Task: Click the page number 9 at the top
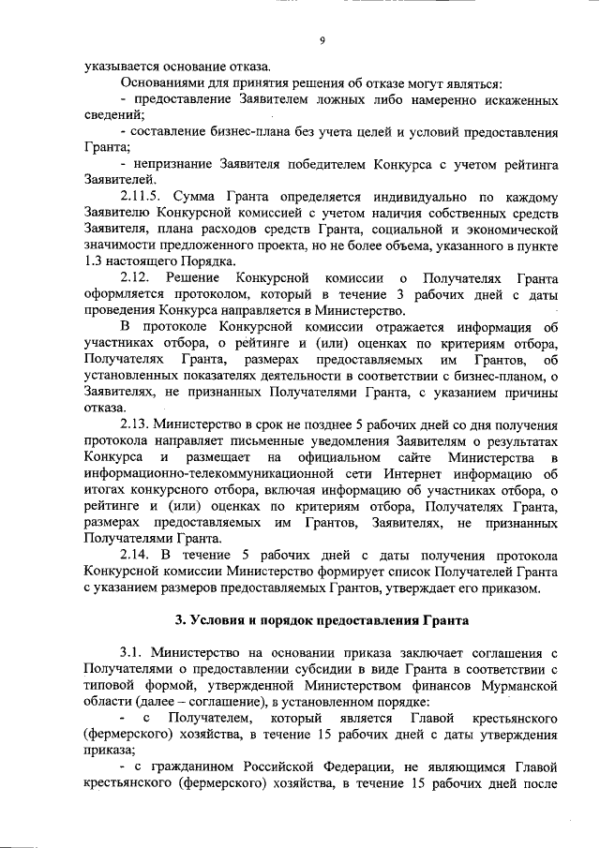point(322,40)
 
